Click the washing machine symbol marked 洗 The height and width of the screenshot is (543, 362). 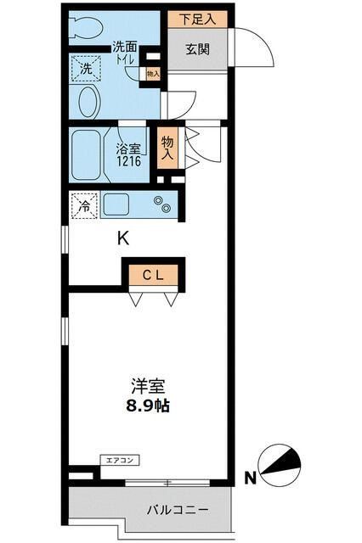(x=86, y=69)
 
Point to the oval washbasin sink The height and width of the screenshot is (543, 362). (x=88, y=104)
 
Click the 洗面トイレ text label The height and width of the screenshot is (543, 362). (x=127, y=53)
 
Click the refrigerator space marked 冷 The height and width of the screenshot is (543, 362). (x=84, y=205)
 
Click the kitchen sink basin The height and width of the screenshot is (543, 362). (x=118, y=205)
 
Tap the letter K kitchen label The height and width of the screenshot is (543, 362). (x=123, y=238)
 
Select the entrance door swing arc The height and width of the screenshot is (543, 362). (x=254, y=51)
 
